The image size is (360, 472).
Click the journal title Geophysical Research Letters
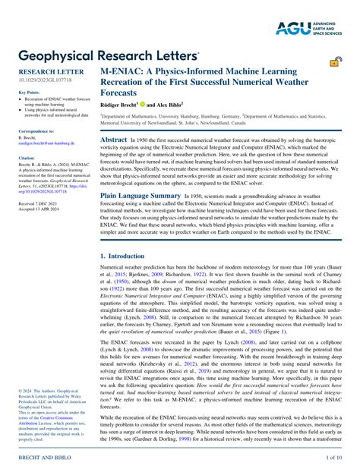[x=109, y=56]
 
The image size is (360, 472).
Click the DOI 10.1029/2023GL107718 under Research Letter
[x=45, y=78]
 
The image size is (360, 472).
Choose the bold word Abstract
[x=114, y=140]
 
